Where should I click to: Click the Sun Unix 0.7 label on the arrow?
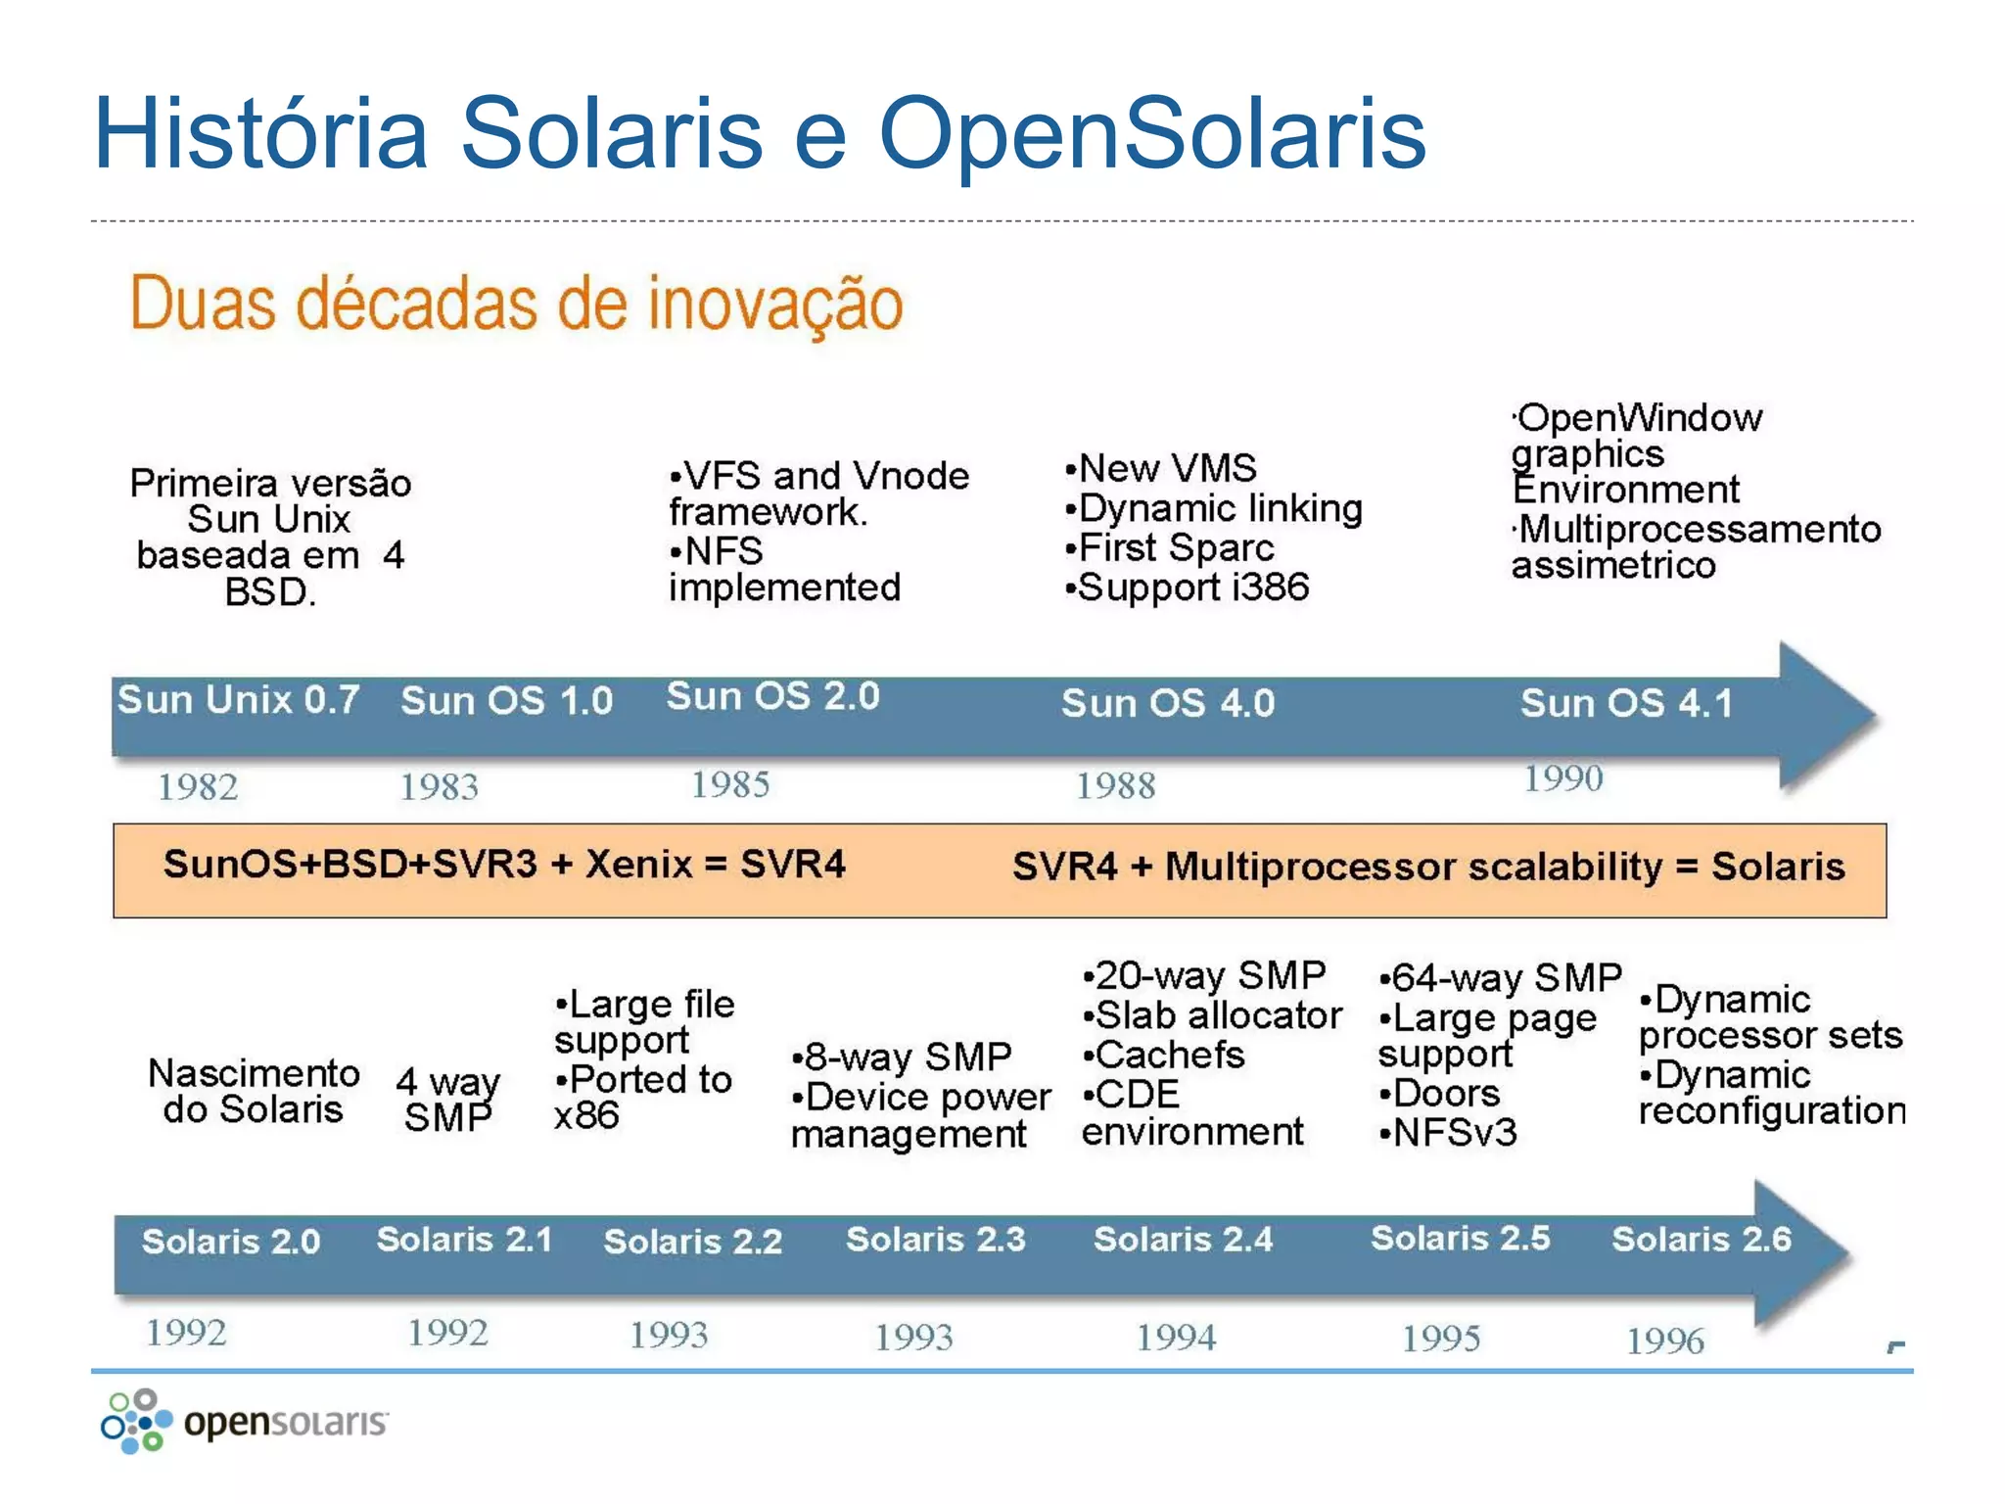[x=238, y=700]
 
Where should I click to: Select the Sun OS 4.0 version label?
[x=1168, y=703]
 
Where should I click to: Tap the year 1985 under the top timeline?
[x=730, y=784]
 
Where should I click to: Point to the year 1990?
[x=1562, y=778]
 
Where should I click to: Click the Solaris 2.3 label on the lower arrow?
[x=935, y=1240]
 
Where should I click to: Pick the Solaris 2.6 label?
[x=1701, y=1240]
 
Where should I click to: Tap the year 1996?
[x=1664, y=1340]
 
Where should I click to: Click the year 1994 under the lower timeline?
[x=1175, y=1338]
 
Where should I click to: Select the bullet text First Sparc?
[x=1170, y=547]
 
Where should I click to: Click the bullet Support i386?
[x=1187, y=587]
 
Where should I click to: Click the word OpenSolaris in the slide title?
[x=1151, y=133]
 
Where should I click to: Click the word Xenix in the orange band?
[x=638, y=865]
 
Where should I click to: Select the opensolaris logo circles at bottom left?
[x=136, y=1422]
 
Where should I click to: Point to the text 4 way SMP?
[x=448, y=1099]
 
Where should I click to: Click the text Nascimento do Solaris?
[x=254, y=1092]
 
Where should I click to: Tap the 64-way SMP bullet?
[x=1500, y=977]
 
